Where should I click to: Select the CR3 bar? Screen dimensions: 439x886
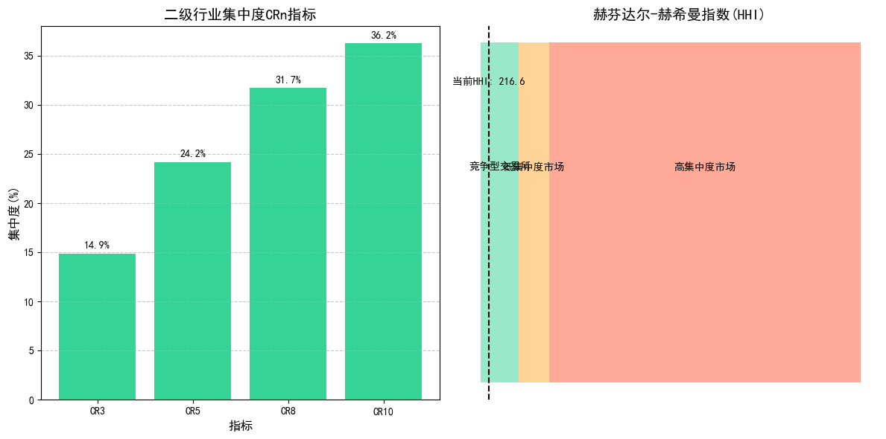coord(97,327)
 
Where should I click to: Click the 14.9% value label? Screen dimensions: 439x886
coord(97,246)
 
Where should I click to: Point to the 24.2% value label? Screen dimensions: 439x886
coord(192,154)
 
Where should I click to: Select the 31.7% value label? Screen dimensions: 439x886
coord(288,80)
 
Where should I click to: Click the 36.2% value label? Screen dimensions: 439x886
coord(383,36)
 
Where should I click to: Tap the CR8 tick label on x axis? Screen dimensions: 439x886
coord(288,411)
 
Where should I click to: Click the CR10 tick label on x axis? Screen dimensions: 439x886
coord(383,411)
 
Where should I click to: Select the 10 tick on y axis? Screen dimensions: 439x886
coord(28,302)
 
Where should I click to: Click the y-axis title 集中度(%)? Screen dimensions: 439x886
coord(13,214)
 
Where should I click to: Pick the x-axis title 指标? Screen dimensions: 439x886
coord(240,426)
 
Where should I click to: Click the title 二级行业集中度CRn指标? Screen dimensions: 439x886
coord(240,14)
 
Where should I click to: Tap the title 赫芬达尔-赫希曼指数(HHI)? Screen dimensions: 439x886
coord(679,14)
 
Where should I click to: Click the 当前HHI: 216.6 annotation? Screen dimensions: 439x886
coord(489,82)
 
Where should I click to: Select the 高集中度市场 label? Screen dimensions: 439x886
coord(705,167)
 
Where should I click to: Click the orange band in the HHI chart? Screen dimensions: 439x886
coord(534,260)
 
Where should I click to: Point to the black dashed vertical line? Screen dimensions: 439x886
coord(489,298)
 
